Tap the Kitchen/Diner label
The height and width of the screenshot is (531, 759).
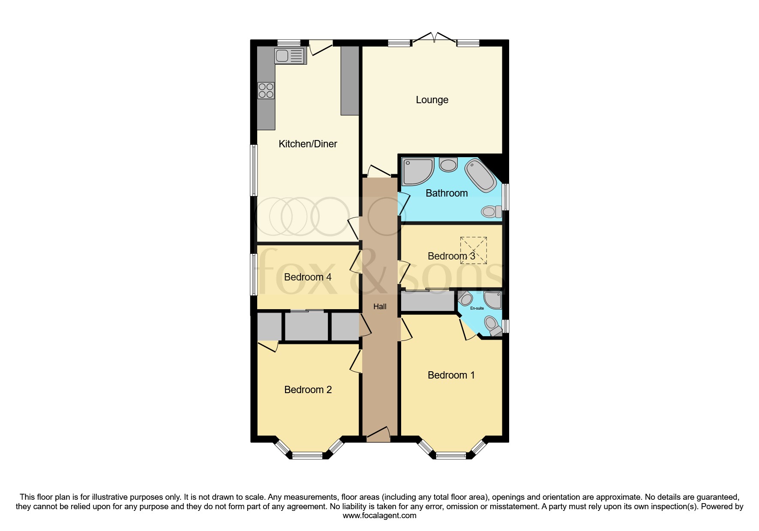tap(308, 144)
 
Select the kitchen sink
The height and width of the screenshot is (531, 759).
tap(290, 56)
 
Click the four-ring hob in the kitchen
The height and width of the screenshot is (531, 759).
tap(266, 91)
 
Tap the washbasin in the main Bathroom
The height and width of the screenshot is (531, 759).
tap(448, 164)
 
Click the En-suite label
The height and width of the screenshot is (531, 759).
tap(477, 308)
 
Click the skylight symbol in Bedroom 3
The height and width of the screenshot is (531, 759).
tap(474, 250)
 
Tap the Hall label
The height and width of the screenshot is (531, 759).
tap(380, 307)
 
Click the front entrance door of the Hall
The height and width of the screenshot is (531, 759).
tap(378, 435)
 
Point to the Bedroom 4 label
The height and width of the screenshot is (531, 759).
tap(308, 277)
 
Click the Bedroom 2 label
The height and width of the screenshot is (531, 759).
tap(308, 390)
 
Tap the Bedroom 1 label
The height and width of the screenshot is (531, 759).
tap(451, 375)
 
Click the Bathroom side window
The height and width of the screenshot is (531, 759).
tap(506, 197)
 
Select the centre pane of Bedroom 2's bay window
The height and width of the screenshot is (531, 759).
tap(307, 455)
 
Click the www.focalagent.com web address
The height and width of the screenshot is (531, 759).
tap(379, 516)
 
